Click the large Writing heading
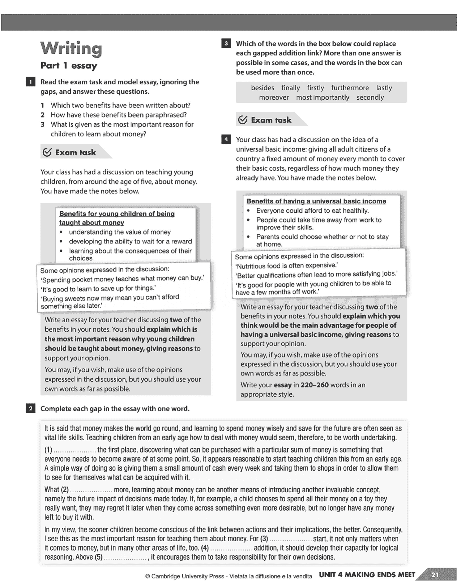click(x=71, y=48)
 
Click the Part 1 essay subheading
click(x=69, y=66)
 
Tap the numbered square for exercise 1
click(x=30, y=82)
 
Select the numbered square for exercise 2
click(x=30, y=409)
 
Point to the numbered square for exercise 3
click(x=226, y=44)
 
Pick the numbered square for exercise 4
click(x=226, y=140)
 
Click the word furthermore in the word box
click(x=350, y=88)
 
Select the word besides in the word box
click(x=262, y=88)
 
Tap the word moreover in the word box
click(x=274, y=98)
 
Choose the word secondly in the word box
click(x=370, y=98)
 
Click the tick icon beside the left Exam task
click(x=47, y=152)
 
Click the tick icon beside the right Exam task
click(x=243, y=120)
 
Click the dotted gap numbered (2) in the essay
click(x=91, y=491)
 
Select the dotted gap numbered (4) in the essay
click(x=231, y=548)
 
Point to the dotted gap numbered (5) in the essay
click(x=125, y=558)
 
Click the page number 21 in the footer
click(x=435, y=575)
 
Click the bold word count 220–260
click(x=314, y=385)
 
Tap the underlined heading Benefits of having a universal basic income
click(x=316, y=201)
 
